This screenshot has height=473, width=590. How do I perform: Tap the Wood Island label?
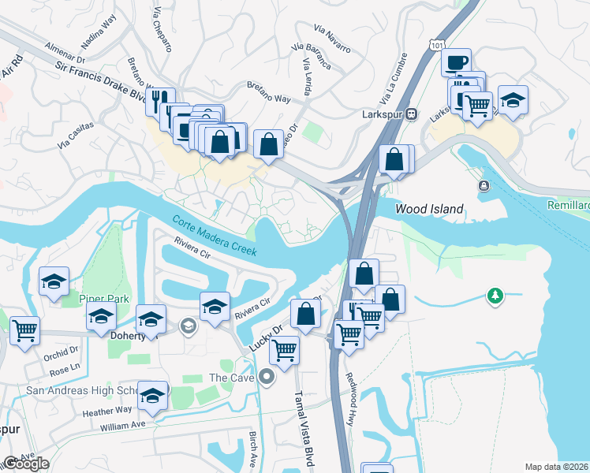428,210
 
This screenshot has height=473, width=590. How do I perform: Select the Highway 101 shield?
436,47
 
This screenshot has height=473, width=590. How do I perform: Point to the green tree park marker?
495,296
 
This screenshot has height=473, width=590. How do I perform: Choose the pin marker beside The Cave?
267,378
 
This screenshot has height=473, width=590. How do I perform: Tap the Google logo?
26,464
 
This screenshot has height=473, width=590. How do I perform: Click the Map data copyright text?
556,467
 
